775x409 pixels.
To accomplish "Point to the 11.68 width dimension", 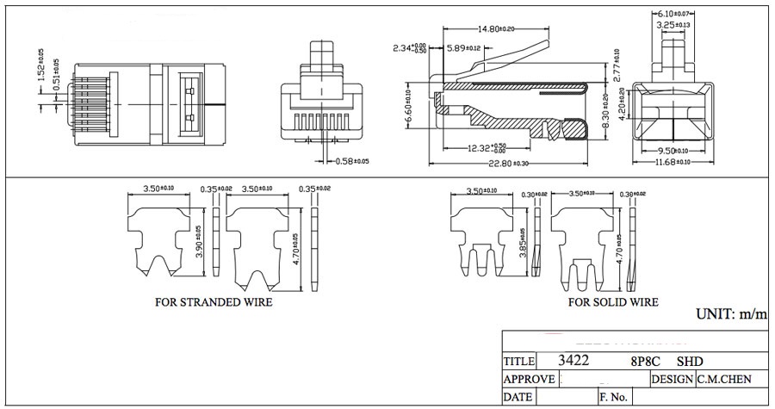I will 676,163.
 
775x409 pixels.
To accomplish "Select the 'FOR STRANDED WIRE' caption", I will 214,302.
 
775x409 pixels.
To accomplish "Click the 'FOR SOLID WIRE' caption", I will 613,302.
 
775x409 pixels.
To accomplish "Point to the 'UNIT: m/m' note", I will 731,314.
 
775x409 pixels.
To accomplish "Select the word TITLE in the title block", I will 519,362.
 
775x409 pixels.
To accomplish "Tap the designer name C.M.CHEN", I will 724,379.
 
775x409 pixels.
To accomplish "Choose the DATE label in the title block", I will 518,398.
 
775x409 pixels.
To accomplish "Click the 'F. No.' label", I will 616,398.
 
